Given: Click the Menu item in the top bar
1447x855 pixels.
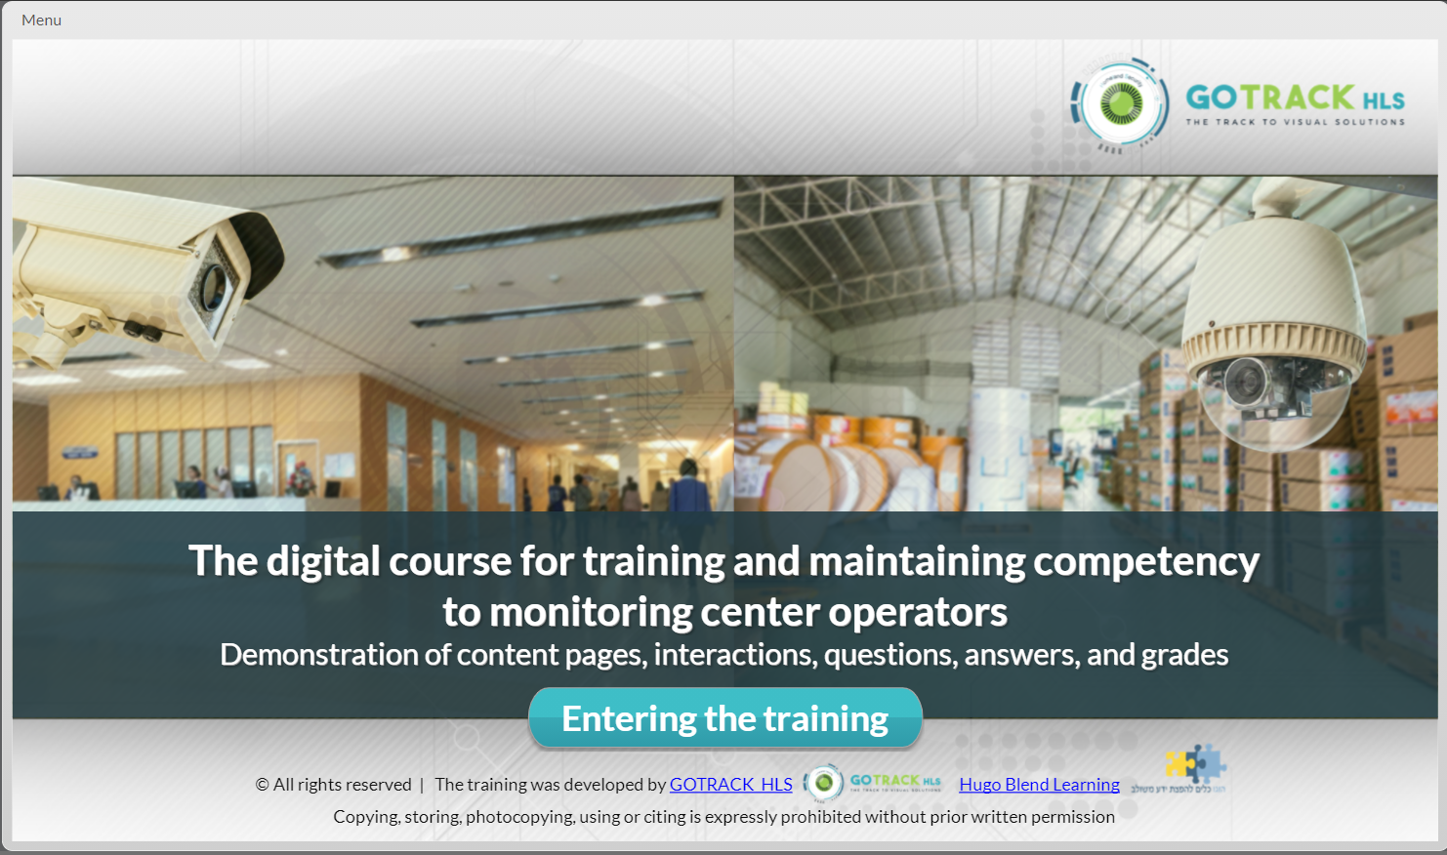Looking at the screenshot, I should coord(41,20).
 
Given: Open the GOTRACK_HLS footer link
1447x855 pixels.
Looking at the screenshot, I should coord(730,784).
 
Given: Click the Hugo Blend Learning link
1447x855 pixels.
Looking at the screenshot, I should coord(1039,784).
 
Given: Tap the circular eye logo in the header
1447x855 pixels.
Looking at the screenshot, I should coord(1121,102).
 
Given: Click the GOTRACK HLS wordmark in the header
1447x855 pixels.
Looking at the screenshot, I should coord(1295,98).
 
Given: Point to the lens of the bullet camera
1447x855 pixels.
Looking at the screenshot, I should coord(213,285).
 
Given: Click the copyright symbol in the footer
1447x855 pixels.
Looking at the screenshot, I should coord(262,785).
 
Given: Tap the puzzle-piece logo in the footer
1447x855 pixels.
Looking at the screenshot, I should coord(1195,764).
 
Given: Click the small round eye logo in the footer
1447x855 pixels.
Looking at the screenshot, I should coord(823,783).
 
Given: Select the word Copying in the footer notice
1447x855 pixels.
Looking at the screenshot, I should coord(365,816).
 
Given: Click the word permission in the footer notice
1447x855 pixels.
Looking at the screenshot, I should coord(1072,816).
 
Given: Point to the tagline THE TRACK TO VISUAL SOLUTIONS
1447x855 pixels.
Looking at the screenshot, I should coord(1295,122).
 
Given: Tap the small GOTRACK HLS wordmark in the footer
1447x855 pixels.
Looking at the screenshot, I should coord(894,781).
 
